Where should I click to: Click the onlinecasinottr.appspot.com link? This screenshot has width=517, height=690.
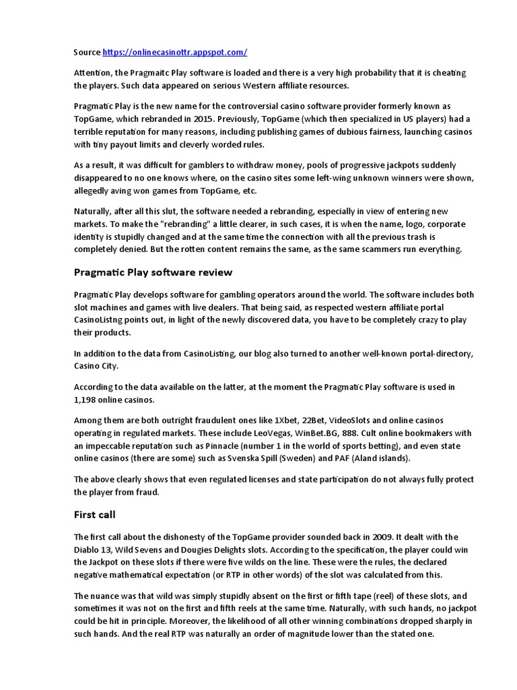(x=175, y=52)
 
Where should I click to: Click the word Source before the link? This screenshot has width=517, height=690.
(x=87, y=52)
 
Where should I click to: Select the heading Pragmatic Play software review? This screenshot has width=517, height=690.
(x=153, y=272)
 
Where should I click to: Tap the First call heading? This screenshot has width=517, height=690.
(x=94, y=515)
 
